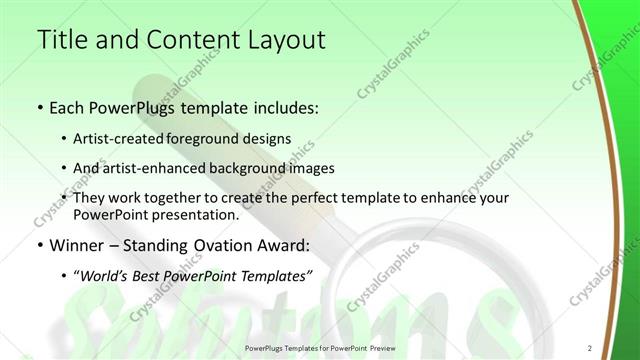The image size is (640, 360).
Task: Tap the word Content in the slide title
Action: [185, 41]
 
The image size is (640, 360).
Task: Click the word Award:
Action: [285, 244]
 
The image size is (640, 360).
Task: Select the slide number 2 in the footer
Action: [590, 348]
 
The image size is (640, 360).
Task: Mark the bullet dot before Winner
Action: [39, 244]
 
